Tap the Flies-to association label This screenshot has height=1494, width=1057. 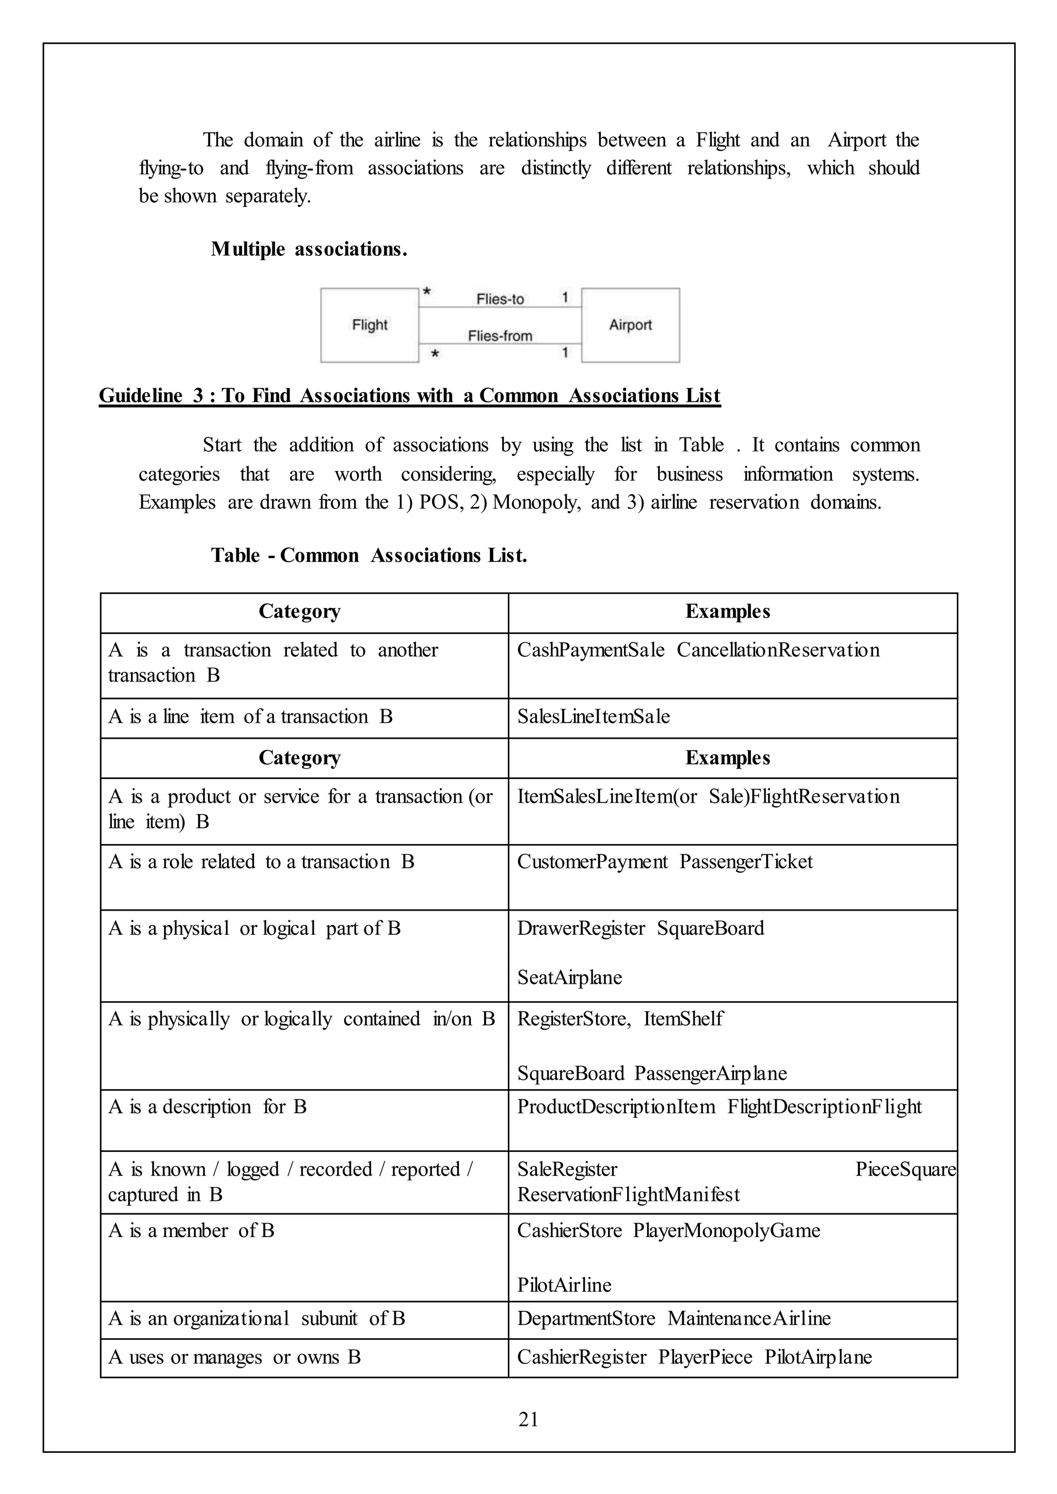click(x=500, y=299)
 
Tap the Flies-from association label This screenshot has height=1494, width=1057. click(x=500, y=336)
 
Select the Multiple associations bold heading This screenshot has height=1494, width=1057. click(x=309, y=249)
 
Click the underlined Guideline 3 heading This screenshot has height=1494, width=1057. click(x=409, y=396)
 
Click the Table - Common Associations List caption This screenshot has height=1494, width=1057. click(x=369, y=555)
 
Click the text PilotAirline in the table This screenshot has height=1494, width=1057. click(x=564, y=1285)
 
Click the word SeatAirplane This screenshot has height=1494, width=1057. click(x=569, y=978)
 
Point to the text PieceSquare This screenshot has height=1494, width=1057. click(x=905, y=1170)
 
